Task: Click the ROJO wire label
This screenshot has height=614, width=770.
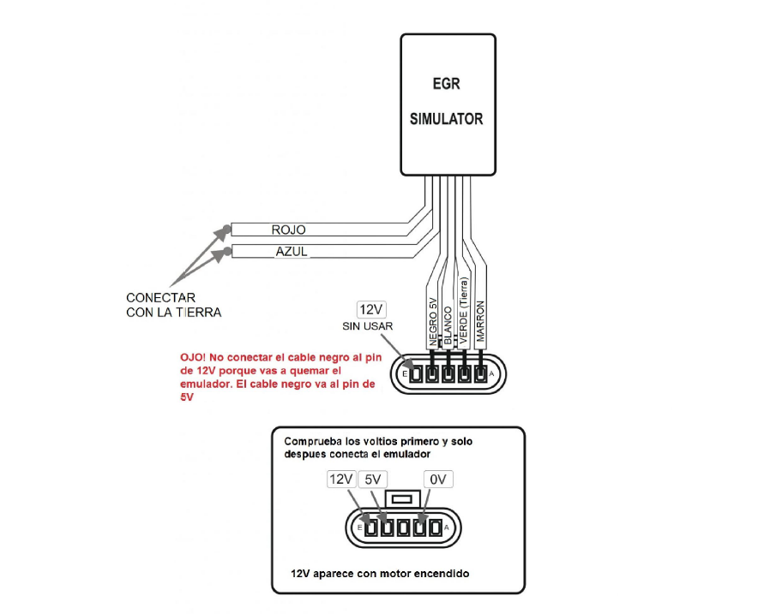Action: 288,230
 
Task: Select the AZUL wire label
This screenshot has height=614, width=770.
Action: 291,252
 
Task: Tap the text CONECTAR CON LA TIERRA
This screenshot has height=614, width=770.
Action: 173,305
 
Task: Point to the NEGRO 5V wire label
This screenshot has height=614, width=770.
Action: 433,320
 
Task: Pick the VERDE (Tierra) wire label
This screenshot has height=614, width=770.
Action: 464,311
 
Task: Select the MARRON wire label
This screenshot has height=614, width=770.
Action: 481,322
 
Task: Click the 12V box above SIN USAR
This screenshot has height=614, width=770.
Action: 373,309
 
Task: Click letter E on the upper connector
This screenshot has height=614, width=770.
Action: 405,374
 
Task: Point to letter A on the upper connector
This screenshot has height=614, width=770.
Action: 491,374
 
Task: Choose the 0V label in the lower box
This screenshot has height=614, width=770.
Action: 437,480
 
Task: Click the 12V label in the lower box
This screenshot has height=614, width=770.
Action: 340,480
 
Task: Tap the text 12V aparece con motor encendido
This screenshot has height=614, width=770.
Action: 380,573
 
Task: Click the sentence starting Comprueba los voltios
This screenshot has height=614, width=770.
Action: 378,448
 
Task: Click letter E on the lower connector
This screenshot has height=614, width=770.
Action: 359,528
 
